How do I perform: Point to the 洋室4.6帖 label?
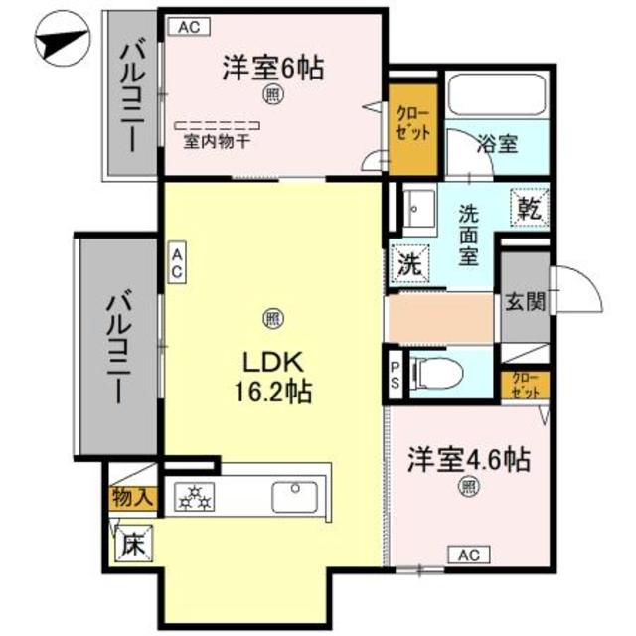click(467, 460)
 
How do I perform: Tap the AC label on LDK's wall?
click(176, 263)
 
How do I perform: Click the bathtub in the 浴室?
click(494, 96)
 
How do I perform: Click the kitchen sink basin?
click(294, 495)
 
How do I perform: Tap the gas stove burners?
click(195, 496)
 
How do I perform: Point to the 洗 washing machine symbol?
click(408, 265)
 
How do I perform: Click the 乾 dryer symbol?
click(527, 208)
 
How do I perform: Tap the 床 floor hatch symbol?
click(132, 545)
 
